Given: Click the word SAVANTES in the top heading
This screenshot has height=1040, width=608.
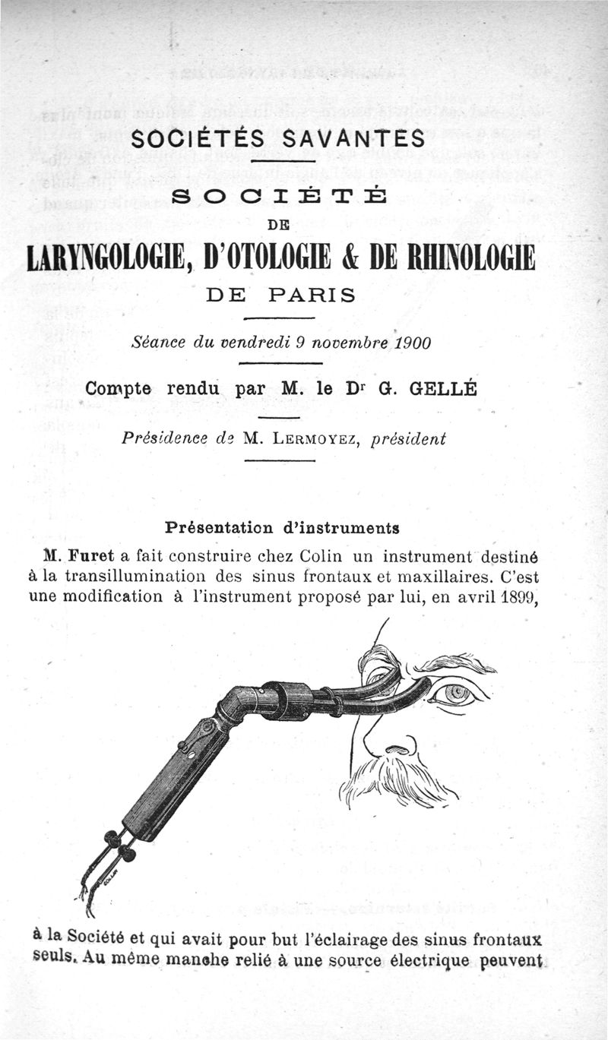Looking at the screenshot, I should click(x=353, y=139).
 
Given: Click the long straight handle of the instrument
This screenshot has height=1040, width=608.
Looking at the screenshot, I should click(x=172, y=782).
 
